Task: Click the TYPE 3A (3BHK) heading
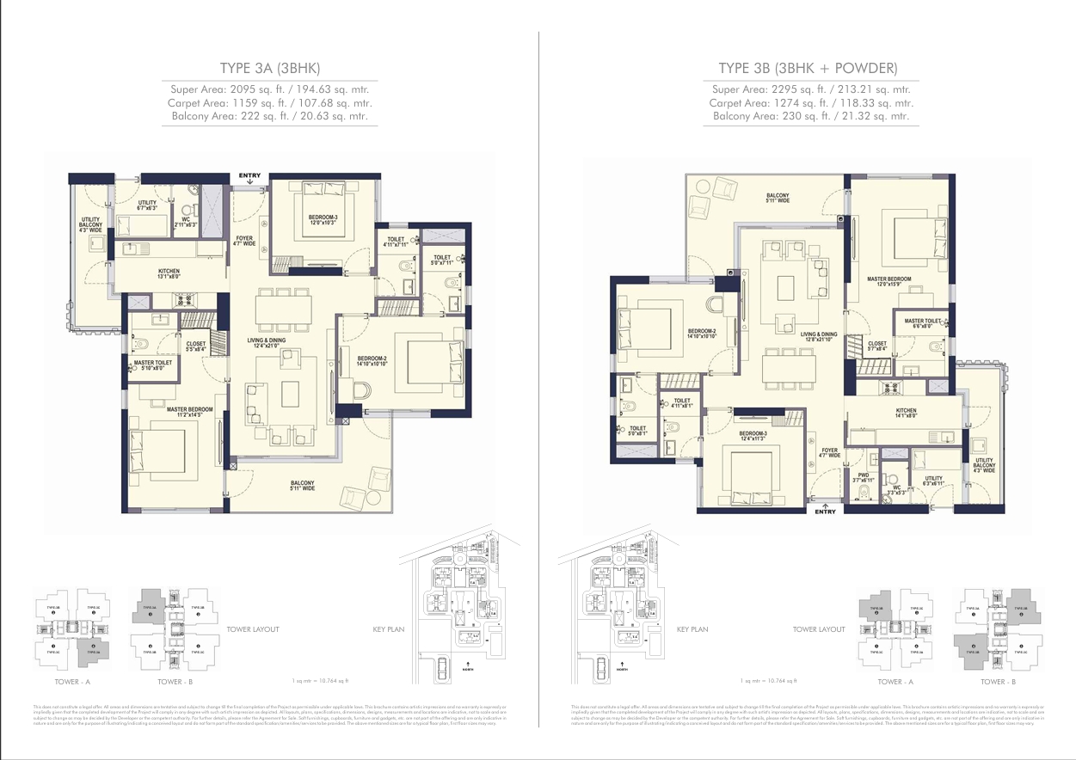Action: coord(270,69)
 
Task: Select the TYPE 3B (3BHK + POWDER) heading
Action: coord(808,69)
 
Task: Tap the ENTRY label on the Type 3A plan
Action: coord(249,176)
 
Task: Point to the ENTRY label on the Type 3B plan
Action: coord(825,512)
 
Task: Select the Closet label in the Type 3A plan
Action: coord(195,346)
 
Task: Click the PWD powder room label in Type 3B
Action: coord(863,477)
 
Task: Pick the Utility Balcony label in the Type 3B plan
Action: coord(983,465)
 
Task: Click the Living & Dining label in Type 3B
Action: coord(818,337)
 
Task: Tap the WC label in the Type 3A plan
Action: coord(185,222)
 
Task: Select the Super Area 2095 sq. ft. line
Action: coord(270,89)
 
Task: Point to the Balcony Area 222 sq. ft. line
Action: coord(270,115)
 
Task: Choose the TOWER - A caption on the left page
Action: coord(72,681)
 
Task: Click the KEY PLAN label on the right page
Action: coord(692,629)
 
